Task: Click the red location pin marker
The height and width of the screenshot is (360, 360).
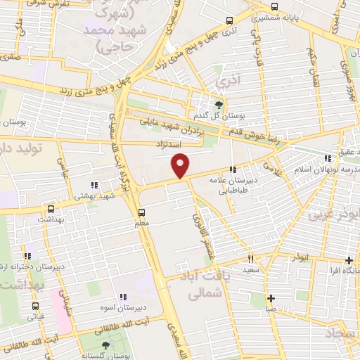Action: pos(181,166)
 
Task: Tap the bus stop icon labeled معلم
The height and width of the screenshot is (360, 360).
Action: pos(142,212)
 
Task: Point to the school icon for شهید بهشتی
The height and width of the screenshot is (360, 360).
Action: pos(94,185)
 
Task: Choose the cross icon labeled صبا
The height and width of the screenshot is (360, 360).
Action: pos(271,297)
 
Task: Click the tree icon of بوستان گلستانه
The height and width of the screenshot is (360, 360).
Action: pos(105,345)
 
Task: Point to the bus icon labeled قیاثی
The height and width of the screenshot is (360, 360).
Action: pos(35,306)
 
